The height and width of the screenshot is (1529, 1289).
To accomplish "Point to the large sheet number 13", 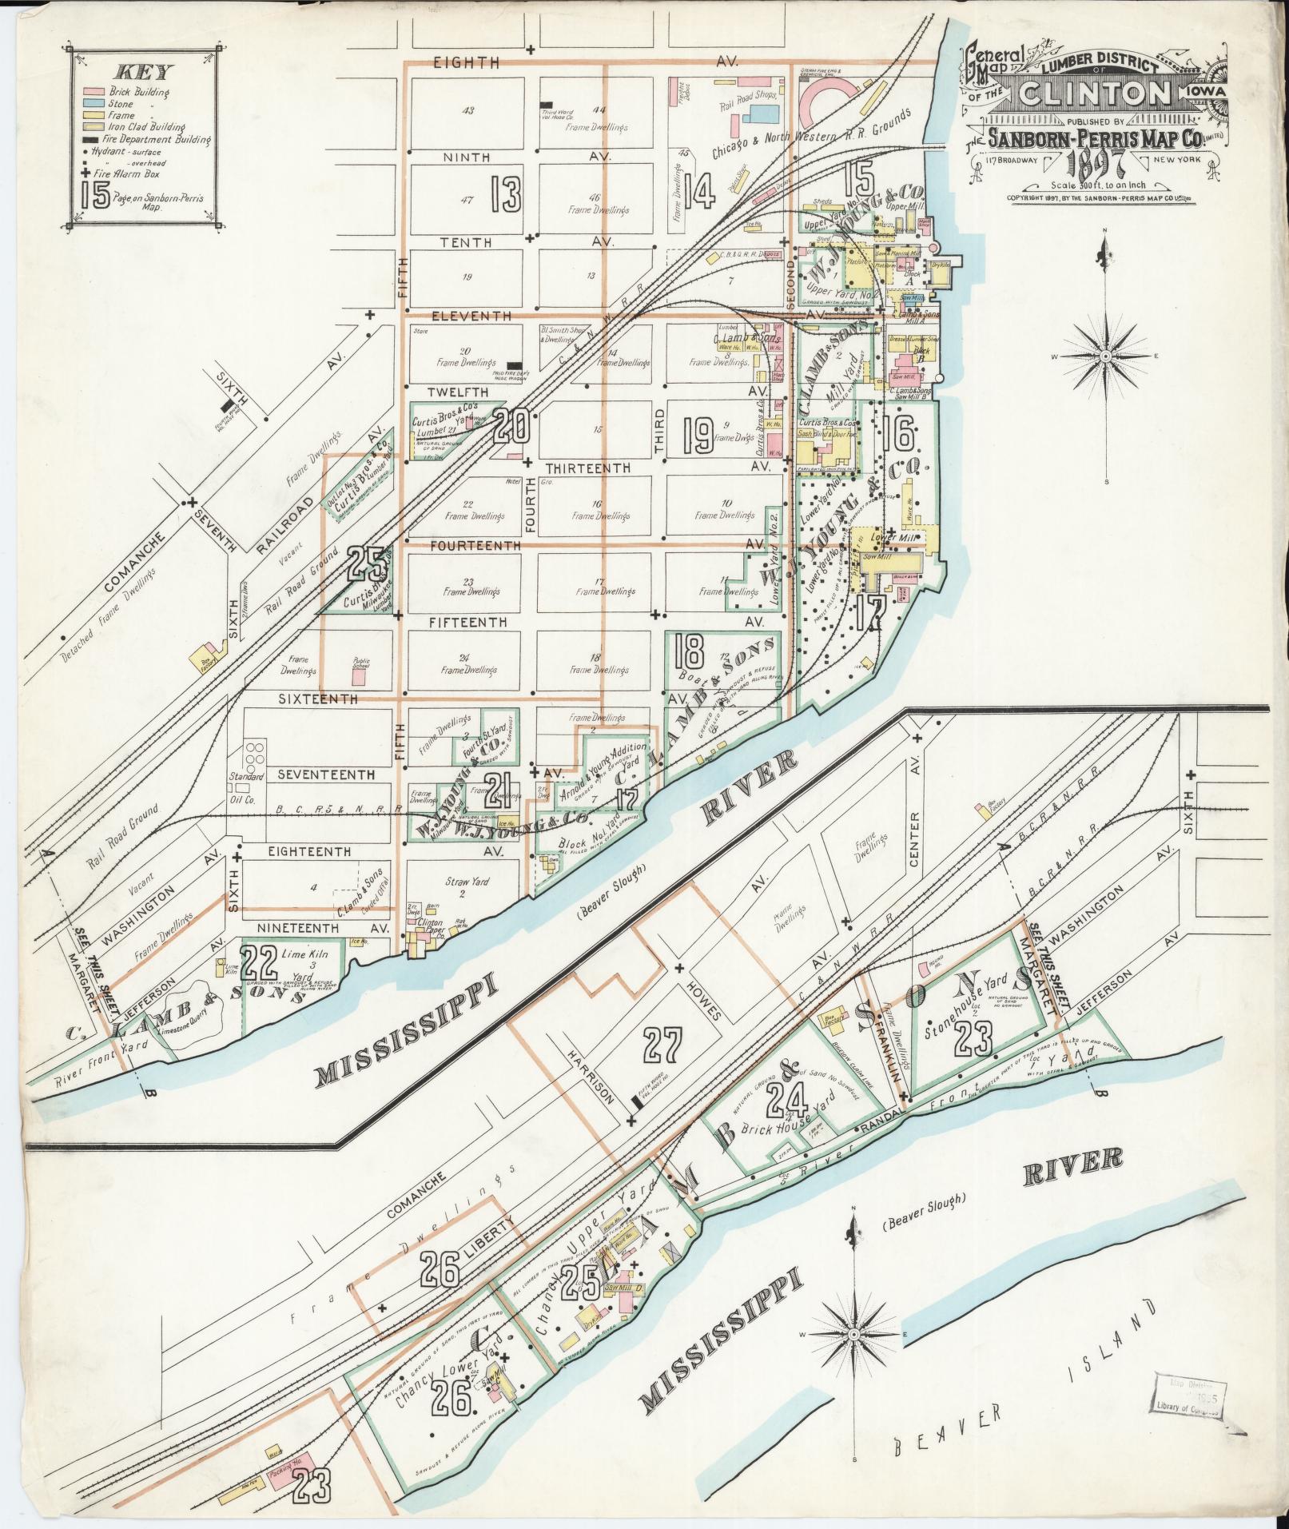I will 506,193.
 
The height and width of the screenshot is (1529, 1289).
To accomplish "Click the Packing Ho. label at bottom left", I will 284,1471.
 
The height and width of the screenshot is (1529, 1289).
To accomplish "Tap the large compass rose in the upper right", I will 1105,356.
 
